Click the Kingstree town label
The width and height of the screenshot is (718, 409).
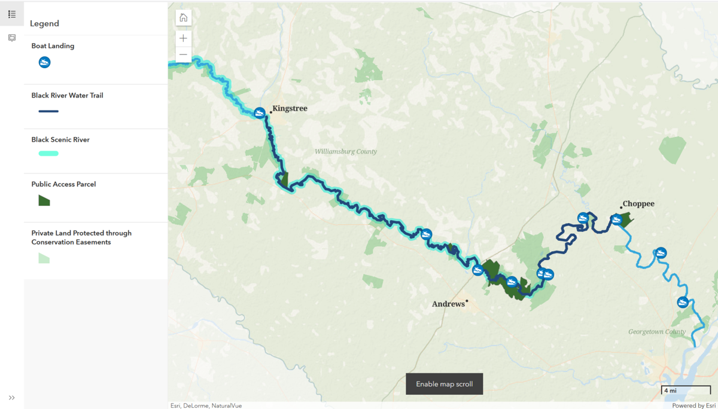coord(290,109)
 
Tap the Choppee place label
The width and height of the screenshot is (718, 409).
coord(638,204)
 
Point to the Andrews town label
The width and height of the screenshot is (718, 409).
coord(448,304)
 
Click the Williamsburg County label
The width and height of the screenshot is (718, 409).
coord(346,152)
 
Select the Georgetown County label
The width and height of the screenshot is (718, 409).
coord(657,332)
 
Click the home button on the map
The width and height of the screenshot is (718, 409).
coord(184,18)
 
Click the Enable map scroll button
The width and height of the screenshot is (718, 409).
coord(444,384)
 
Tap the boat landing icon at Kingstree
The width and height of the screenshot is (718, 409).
coord(260,113)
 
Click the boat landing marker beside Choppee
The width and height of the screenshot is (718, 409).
coord(617,220)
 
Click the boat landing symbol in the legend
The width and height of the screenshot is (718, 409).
coord(44,62)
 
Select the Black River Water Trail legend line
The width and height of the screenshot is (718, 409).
coord(48,111)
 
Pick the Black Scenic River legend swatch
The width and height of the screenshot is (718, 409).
coord(48,154)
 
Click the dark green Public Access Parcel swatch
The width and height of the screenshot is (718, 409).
coord(44,200)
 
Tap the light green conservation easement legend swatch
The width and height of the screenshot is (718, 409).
coord(44,258)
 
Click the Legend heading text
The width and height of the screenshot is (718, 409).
coord(45,24)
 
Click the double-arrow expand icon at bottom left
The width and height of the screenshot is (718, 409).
coord(11,398)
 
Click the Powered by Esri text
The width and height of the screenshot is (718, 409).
coord(692,405)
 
